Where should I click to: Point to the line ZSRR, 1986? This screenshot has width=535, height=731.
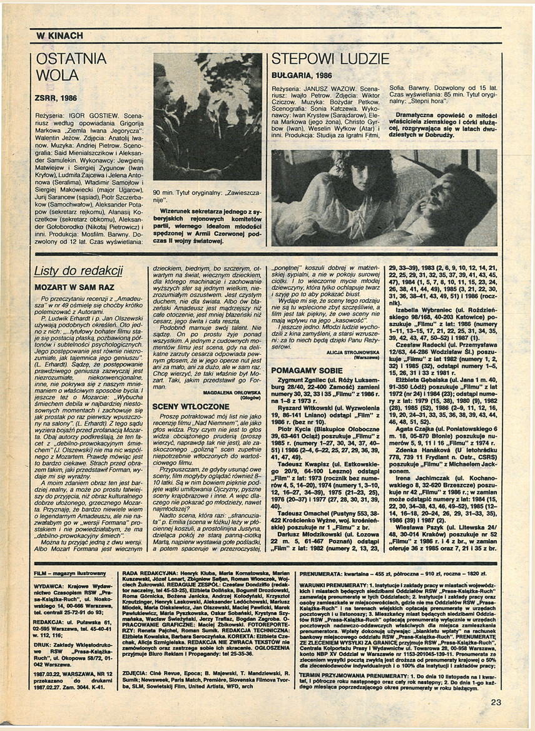click(56, 98)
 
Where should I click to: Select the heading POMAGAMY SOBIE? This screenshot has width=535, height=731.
click(307, 370)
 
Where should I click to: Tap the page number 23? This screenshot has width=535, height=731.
click(496, 702)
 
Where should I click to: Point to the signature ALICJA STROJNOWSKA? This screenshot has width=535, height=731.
click(358, 353)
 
